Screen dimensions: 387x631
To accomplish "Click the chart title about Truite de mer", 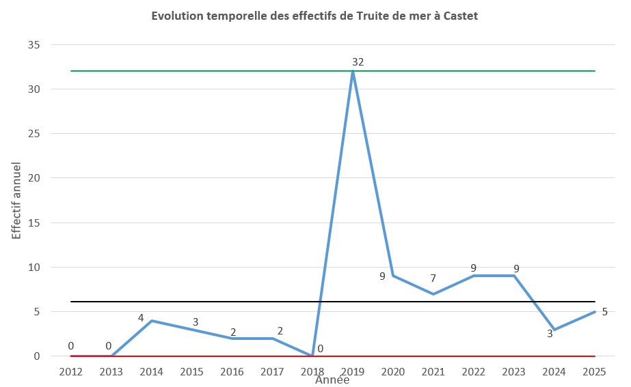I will [315, 16].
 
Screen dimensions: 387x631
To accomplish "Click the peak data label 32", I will [358, 62].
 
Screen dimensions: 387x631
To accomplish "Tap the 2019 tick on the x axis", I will [353, 372].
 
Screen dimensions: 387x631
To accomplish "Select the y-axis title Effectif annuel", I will [16, 200].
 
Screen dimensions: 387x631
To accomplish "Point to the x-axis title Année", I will [332, 381].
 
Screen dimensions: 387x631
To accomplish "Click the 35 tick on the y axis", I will [33, 45].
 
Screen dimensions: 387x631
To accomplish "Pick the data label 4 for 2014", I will [142, 318].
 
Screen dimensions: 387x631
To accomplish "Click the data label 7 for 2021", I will [433, 278].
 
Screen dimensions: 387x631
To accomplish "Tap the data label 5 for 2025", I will [604, 311].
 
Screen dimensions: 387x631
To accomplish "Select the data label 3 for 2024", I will [550, 334].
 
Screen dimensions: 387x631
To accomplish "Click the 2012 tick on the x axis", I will [70, 372].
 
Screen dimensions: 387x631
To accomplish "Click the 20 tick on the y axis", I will [33, 178].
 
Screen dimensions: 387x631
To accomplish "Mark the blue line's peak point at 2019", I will [353, 72].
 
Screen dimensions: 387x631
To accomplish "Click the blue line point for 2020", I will [393, 276].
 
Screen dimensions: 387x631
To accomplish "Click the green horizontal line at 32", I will [205, 71].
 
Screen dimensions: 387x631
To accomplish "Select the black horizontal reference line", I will [205, 302].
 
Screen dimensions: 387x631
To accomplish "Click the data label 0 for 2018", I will [320, 349].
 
